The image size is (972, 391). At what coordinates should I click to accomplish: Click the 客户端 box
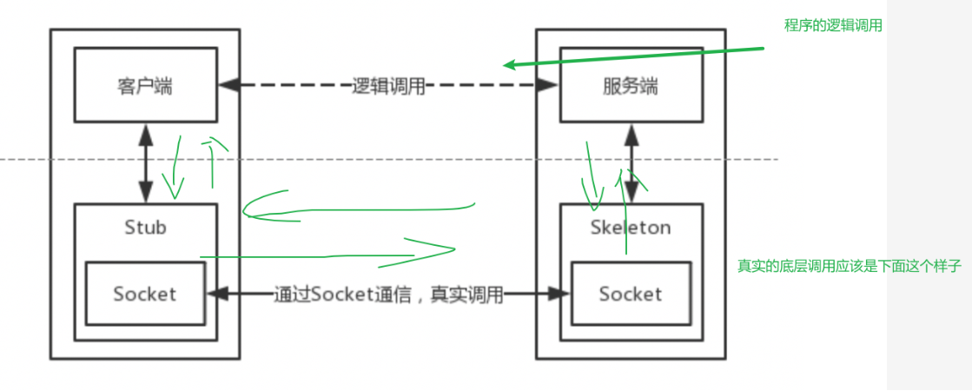pyautogui.click(x=144, y=85)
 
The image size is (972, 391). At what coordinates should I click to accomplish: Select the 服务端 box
pyautogui.click(x=630, y=85)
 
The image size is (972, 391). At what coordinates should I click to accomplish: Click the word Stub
pyautogui.click(x=144, y=227)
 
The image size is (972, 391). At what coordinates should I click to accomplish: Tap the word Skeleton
pyautogui.click(x=630, y=228)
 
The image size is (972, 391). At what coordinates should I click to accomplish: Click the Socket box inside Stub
pyautogui.click(x=144, y=294)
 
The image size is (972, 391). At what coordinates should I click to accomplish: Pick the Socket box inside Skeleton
pyautogui.click(x=630, y=294)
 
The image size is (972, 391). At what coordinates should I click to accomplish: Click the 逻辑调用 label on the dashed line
pyautogui.click(x=388, y=86)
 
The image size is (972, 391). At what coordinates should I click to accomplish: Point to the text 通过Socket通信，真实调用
pyautogui.click(x=388, y=295)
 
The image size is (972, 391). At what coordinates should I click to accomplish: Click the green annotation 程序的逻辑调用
pyautogui.click(x=833, y=25)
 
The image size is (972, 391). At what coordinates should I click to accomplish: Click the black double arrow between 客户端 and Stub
pyautogui.click(x=145, y=162)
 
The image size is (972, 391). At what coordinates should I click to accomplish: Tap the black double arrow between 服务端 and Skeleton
pyautogui.click(x=631, y=162)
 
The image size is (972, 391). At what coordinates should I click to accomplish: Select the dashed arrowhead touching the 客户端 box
pyautogui.click(x=228, y=85)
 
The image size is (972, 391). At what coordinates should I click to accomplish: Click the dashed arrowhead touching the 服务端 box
pyautogui.click(x=548, y=85)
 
